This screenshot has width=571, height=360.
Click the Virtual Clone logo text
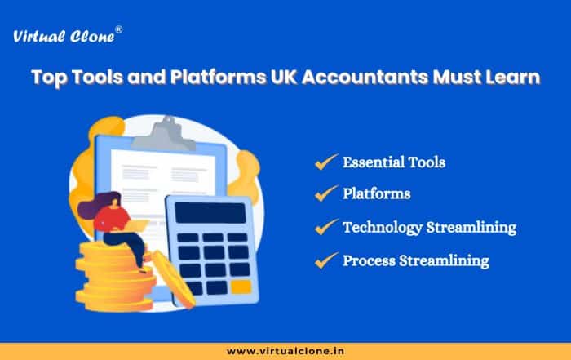tap(64, 37)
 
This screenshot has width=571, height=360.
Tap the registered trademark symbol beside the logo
tap(119, 30)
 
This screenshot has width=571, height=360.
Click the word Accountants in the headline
tap(365, 77)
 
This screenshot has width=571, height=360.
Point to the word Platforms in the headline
tap(218, 77)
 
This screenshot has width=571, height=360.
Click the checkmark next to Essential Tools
tap(326, 162)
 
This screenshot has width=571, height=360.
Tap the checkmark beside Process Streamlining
tap(326, 260)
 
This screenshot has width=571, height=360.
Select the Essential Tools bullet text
tap(394, 162)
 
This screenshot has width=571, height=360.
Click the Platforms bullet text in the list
tap(377, 193)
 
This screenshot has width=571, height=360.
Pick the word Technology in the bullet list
tap(383, 228)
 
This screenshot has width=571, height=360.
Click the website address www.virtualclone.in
tap(285, 351)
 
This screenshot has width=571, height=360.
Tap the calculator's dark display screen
tap(210, 213)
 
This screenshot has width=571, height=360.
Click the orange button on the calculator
tap(241, 287)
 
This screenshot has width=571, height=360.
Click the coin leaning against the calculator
tap(174, 279)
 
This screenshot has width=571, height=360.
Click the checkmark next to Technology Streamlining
tap(326, 227)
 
